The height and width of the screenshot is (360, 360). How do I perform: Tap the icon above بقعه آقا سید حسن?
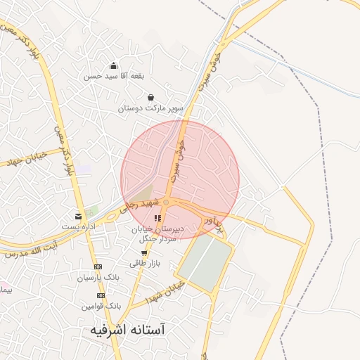tap(114, 66)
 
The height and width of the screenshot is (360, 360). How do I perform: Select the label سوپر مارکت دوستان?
tap(150, 108)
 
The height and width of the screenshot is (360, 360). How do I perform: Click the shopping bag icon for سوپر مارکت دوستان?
tap(150, 98)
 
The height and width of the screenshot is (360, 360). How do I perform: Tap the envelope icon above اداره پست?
tap(78, 216)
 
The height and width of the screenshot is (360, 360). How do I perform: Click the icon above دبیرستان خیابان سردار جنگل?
tap(157, 218)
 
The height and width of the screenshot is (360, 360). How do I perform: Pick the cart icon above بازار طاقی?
tap(144, 252)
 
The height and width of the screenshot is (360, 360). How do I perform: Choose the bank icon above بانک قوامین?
tap(101, 295)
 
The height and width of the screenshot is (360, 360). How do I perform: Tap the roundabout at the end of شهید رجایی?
tap(166, 202)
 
